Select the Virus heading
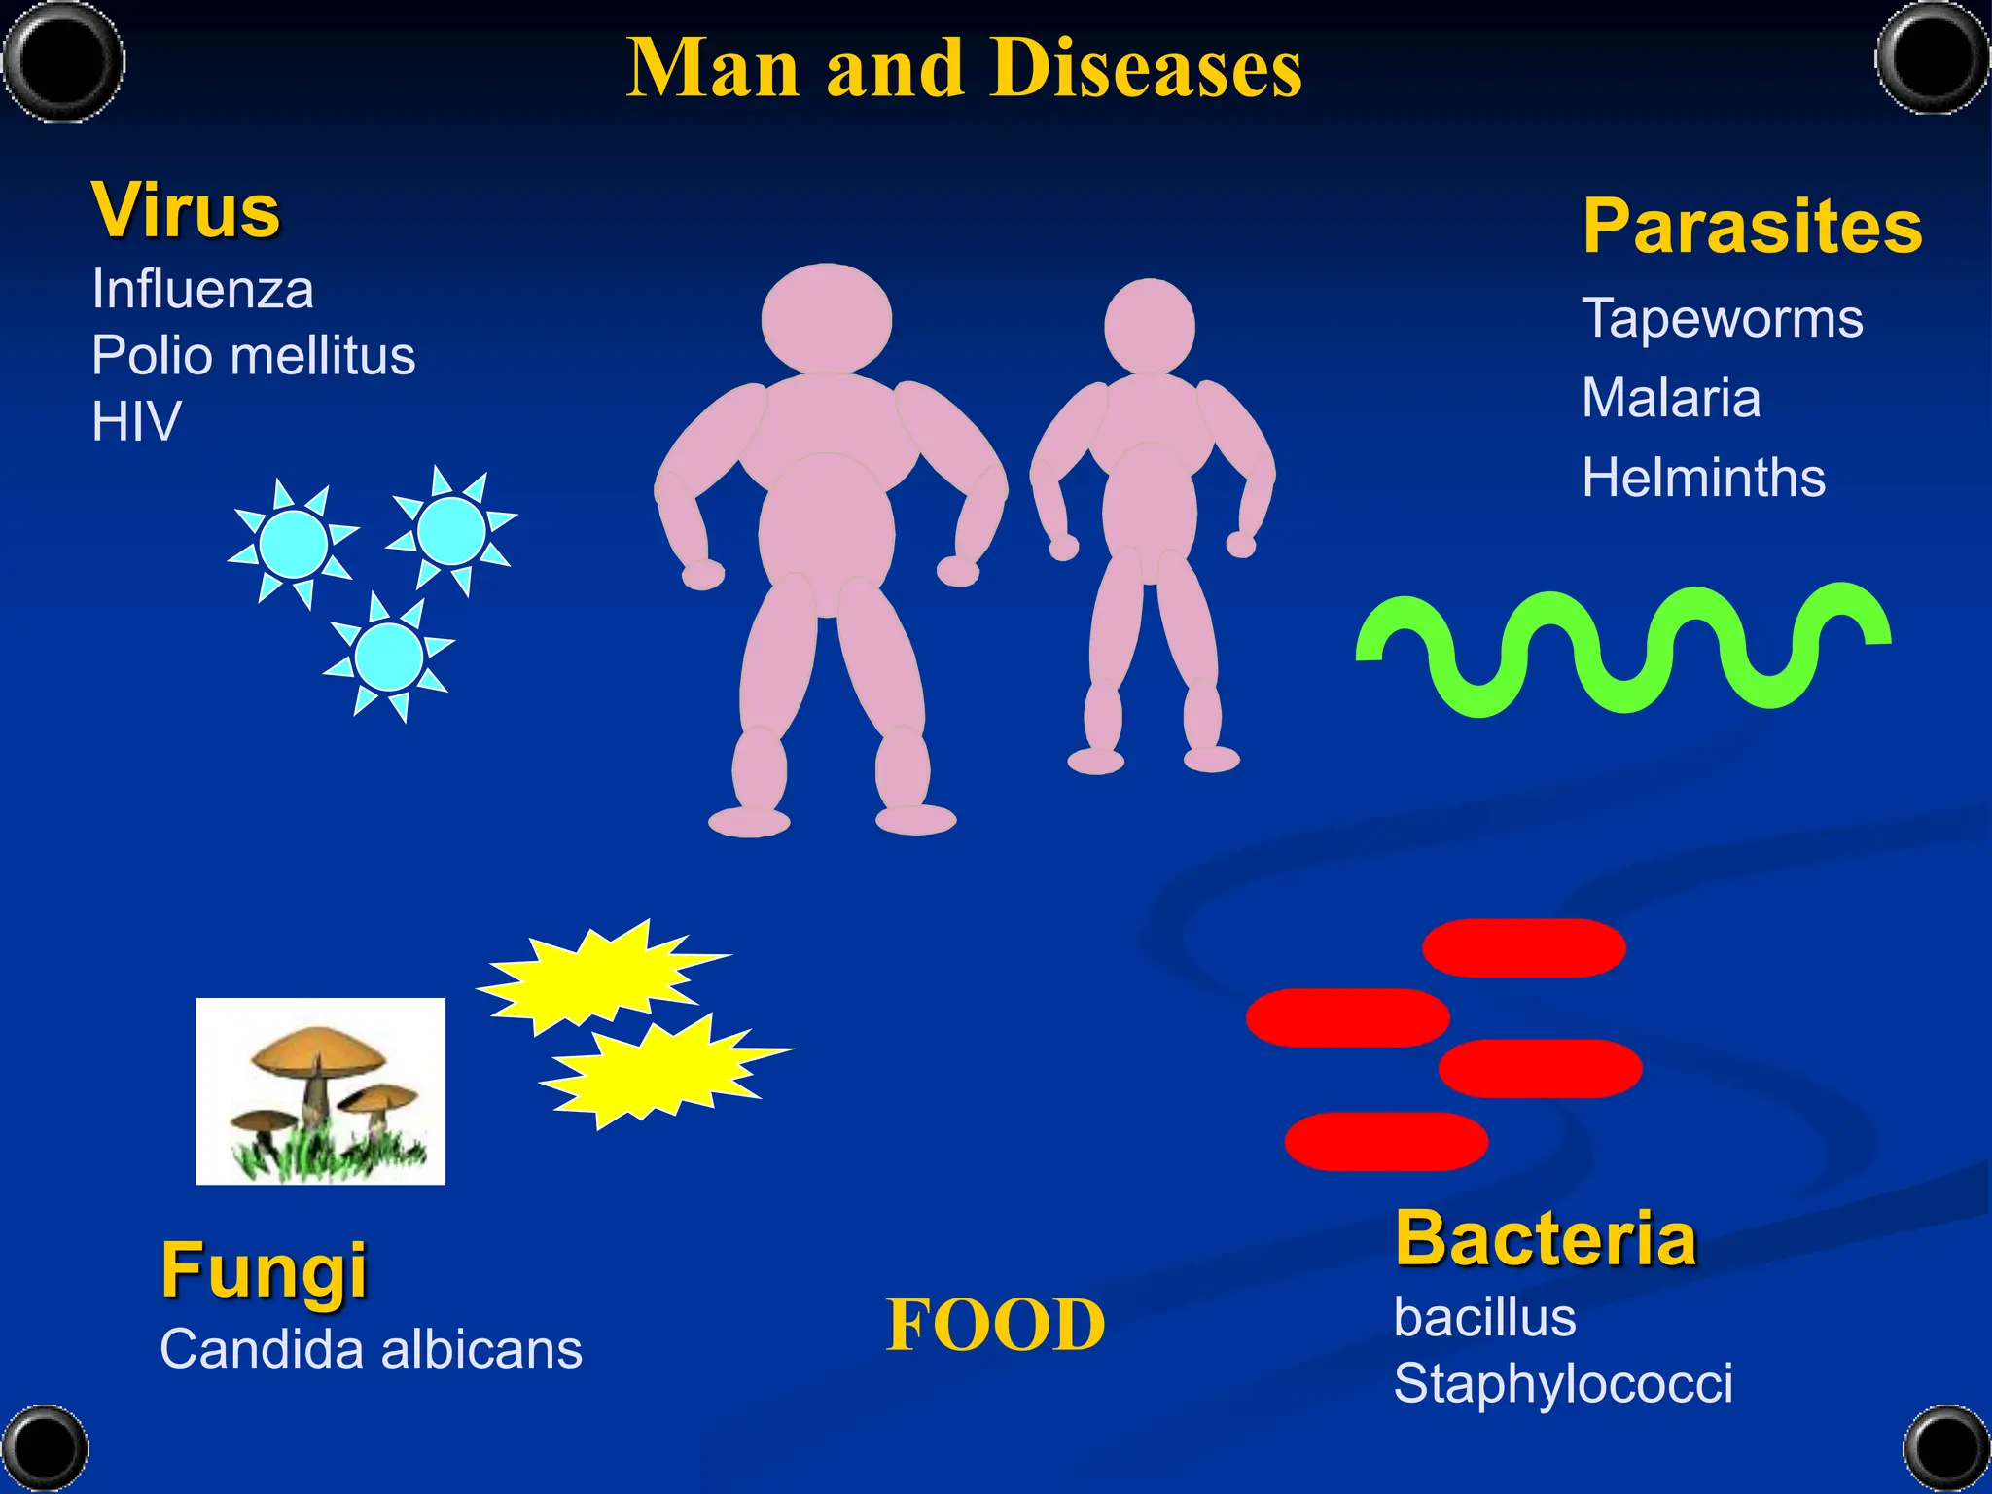[186, 211]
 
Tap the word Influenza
[202, 290]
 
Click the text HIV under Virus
[136, 422]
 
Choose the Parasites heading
[1753, 227]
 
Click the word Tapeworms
[1723, 319]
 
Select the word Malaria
[1671, 398]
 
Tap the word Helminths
[1703, 478]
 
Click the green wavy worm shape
[1622, 650]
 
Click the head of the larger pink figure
[827, 318]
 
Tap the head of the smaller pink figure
[1150, 327]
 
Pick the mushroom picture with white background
[320, 1090]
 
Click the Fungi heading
[264, 1270]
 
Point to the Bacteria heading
[1547, 1239]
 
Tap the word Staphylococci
[1563, 1383]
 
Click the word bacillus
[1484, 1318]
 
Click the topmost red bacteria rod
[1524, 947]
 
